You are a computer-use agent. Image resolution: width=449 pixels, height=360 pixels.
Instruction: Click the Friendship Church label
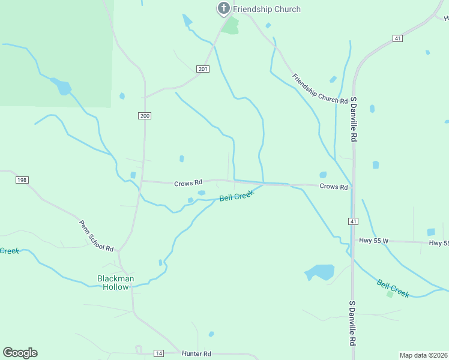(267, 9)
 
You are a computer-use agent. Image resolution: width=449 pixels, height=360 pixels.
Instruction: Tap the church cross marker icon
(223, 8)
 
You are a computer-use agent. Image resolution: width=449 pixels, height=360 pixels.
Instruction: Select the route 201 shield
(203, 69)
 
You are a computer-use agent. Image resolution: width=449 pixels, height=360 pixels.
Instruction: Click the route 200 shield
(144, 115)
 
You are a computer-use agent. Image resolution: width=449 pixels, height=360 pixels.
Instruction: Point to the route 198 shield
(22, 180)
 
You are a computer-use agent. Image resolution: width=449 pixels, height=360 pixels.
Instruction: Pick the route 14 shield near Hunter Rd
(158, 353)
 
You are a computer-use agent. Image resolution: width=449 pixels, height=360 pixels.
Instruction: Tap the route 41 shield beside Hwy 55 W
(354, 221)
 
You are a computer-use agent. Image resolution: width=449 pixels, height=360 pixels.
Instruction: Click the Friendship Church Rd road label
(320, 89)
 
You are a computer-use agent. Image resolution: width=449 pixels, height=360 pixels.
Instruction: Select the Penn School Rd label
(96, 236)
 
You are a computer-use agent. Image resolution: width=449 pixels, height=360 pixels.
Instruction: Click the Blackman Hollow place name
(116, 283)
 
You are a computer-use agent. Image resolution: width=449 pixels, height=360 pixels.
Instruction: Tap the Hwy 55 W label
(374, 241)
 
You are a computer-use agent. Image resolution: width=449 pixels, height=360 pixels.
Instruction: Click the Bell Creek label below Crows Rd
(236, 196)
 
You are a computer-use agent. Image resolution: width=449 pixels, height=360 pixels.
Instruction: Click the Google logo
(20, 352)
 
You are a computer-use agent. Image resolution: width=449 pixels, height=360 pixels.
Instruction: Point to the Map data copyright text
(423, 355)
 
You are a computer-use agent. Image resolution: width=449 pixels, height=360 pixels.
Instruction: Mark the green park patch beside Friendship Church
(230, 25)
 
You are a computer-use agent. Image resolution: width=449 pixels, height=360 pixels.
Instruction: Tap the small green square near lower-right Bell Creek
(390, 294)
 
